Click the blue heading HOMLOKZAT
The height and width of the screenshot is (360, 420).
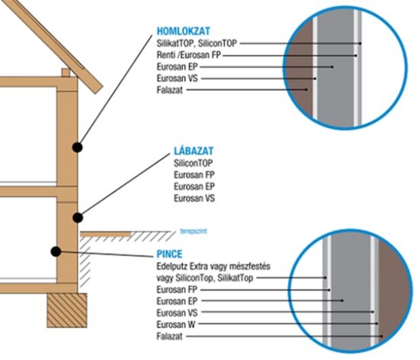click(183, 31)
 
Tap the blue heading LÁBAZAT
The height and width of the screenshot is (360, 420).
click(194, 151)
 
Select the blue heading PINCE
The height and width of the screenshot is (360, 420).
click(169, 254)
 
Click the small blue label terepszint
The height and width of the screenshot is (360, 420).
click(193, 231)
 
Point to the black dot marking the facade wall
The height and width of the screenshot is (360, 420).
click(77, 147)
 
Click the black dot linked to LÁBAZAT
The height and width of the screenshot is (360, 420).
click(78, 218)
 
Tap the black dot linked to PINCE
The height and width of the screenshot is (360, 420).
click(56, 252)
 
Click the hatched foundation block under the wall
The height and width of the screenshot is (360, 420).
click(67, 310)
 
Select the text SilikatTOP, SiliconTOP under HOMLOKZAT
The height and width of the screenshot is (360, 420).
click(197, 43)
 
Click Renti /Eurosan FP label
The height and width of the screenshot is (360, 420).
click(188, 55)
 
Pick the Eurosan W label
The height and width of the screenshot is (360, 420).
click(176, 324)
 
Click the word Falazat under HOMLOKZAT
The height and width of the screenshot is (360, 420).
click(169, 89)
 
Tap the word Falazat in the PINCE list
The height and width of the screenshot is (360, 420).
click(169, 336)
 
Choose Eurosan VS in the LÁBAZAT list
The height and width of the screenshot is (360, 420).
click(194, 199)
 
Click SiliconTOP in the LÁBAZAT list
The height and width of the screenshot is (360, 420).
click(193, 163)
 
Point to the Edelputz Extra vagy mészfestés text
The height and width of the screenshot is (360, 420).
click(213, 266)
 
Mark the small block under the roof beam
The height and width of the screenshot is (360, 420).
click(66, 73)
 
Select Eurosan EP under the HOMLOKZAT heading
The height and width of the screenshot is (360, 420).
click(177, 66)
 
